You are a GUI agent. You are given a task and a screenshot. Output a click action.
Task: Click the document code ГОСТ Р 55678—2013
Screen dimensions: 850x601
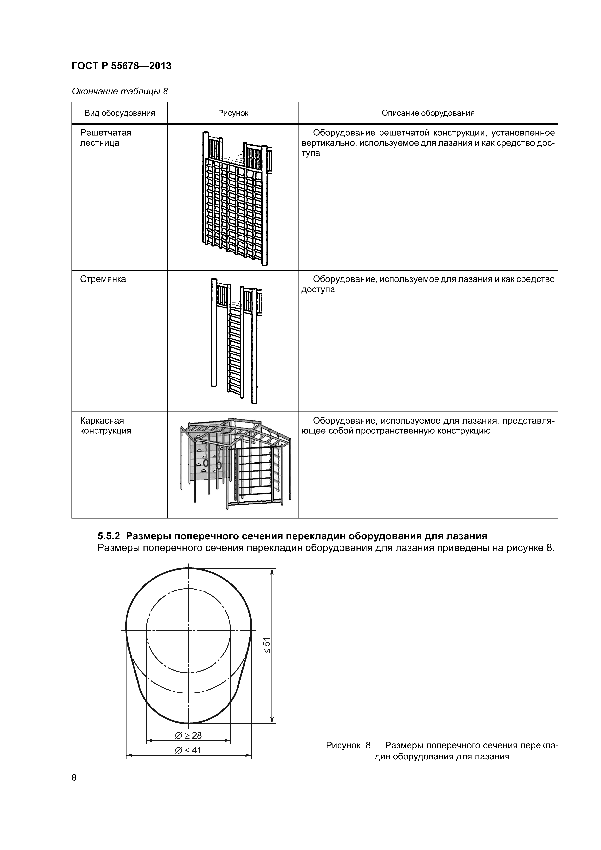pyautogui.click(x=121, y=66)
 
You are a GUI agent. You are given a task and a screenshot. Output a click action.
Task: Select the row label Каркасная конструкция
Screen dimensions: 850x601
pyautogui.click(x=105, y=426)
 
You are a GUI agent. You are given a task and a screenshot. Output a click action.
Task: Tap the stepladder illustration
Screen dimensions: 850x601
pyautogui.click(x=235, y=341)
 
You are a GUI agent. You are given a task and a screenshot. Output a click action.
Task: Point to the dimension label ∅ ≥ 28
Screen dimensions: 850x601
pyautogui.click(x=189, y=735)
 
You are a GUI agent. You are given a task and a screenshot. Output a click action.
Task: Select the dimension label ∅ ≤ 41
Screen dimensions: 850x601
pyautogui.click(x=189, y=750)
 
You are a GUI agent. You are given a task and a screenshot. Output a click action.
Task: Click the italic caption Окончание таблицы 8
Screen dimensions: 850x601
pyautogui.click(x=120, y=91)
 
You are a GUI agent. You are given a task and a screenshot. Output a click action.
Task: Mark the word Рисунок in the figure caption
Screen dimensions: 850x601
pyautogui.click(x=343, y=745)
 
